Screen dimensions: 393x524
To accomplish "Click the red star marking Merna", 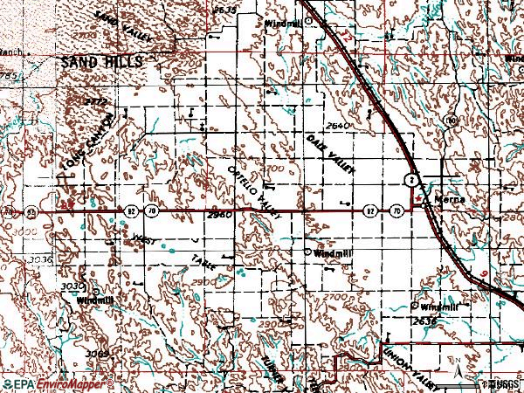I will coord(418,200).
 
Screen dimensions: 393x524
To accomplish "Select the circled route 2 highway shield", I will coord(408,179).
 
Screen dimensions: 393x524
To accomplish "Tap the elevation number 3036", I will coord(39,259).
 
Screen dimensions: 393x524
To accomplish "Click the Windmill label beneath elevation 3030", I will coord(95,300).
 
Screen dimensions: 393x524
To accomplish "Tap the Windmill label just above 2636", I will coord(438,307).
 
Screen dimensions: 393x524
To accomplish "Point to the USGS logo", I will coord(500,383).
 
